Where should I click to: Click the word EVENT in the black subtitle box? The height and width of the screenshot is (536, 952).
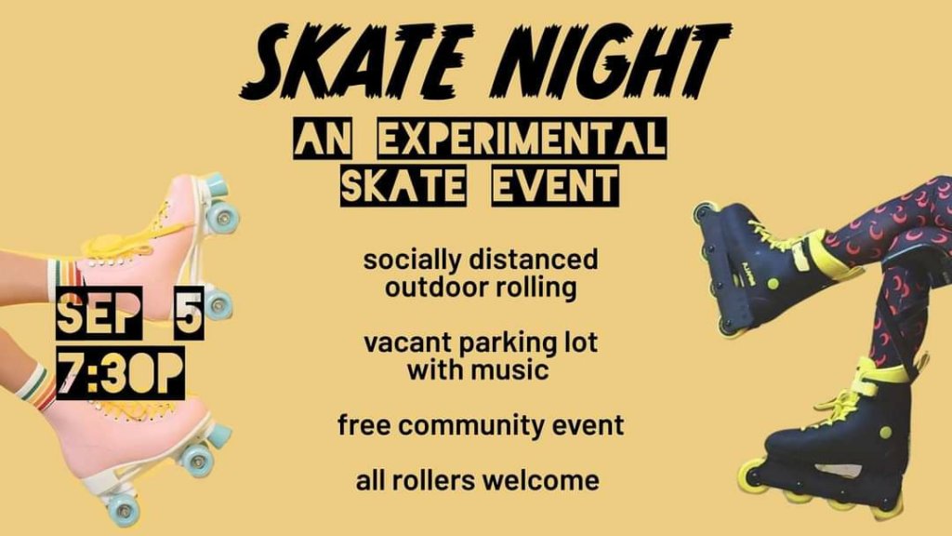(x=555, y=186)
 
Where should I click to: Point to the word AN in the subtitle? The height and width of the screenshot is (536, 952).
(x=323, y=140)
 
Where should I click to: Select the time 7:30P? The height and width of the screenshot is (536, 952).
(x=120, y=372)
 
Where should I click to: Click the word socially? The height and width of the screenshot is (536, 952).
(x=412, y=261)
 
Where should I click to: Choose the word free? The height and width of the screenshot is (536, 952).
(x=364, y=424)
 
